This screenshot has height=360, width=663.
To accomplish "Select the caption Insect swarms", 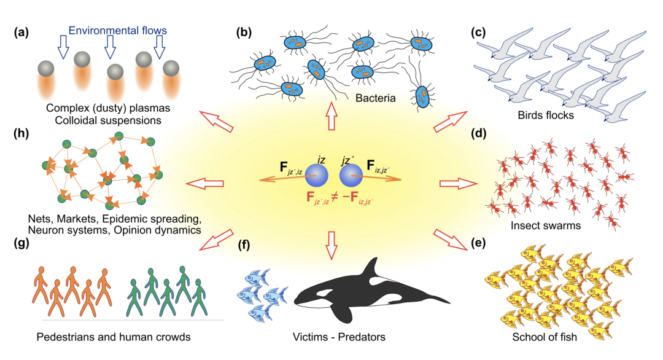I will [x=545, y=225].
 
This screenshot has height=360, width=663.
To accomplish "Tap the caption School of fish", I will [x=545, y=337].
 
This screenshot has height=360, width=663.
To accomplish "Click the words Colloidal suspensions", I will [x=107, y=120].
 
